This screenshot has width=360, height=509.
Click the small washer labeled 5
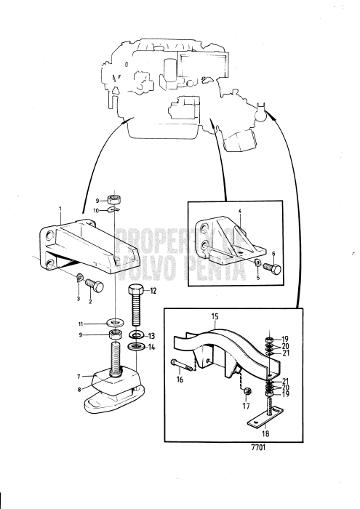point(257,262)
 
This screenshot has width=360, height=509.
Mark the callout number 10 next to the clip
point(95,211)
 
